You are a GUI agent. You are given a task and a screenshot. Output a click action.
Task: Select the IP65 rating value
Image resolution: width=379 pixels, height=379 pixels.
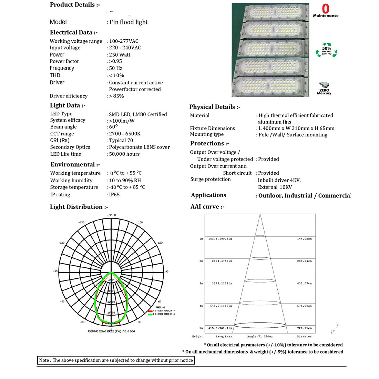[x=114, y=195]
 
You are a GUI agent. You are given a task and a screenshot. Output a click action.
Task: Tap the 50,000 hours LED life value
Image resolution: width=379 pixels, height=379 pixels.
[x=124, y=154]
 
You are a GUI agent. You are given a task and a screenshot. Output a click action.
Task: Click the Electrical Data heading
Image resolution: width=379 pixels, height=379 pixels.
[x=74, y=32]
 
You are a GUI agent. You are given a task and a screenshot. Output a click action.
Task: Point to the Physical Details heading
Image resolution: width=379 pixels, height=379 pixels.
[x=215, y=107]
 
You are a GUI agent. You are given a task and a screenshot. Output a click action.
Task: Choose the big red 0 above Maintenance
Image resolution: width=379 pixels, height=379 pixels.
[x=326, y=9]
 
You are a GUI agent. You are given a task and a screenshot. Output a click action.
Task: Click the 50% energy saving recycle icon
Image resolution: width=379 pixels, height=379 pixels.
[x=327, y=50]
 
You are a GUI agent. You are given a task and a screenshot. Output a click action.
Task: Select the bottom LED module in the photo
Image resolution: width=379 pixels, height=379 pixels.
[x=270, y=86]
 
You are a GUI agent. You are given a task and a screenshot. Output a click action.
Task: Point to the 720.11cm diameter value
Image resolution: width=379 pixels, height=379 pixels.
[x=304, y=328]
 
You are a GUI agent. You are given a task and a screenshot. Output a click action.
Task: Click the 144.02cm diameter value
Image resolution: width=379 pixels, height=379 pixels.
[x=304, y=239]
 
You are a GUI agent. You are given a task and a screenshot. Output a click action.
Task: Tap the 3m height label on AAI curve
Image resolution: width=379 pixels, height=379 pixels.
[x=201, y=284]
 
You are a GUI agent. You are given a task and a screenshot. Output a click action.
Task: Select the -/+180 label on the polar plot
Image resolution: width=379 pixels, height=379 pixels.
[x=111, y=215]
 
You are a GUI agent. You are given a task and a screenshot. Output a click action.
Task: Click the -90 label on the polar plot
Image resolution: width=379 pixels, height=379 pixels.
[x=55, y=272]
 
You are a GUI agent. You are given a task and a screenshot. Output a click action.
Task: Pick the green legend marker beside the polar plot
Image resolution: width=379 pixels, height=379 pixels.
[x=150, y=314]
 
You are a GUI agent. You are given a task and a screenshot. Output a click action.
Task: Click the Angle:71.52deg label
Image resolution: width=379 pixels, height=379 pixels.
[x=260, y=336]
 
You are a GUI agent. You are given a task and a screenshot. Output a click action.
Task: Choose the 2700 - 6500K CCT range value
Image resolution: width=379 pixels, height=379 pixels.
[x=125, y=134]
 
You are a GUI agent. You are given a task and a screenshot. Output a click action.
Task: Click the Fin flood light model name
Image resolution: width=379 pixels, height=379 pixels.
[x=129, y=22]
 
